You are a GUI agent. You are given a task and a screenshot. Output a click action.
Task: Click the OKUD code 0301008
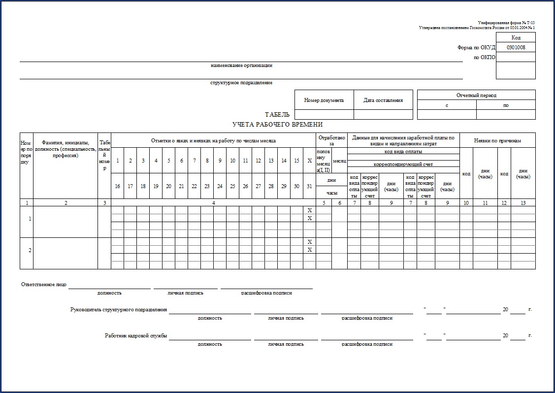point(516,48)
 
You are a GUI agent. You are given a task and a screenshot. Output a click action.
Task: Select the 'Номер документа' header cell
point(324,100)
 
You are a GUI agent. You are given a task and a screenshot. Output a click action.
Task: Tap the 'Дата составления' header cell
point(383,100)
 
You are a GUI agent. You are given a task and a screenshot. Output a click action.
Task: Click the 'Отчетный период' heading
point(476,95)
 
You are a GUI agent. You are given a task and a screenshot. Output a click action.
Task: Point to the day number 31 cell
point(309,186)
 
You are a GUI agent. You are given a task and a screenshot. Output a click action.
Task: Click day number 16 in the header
point(117,186)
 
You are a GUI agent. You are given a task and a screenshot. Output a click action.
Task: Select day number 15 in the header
point(296,161)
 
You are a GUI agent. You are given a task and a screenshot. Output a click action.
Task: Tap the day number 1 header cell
point(117,161)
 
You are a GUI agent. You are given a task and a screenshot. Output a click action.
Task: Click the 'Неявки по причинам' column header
point(497,140)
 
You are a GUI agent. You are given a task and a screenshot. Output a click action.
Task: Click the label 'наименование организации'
point(241,65)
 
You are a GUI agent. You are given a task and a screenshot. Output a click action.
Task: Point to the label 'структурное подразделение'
point(241,83)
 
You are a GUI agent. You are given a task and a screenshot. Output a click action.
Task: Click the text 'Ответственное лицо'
point(43,285)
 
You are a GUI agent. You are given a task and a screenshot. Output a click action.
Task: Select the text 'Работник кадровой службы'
point(136,336)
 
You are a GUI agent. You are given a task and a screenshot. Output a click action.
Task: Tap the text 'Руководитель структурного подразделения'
point(119,310)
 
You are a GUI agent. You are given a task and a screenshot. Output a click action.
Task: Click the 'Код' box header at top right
point(516,37)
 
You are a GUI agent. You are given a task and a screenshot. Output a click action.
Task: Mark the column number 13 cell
point(523,202)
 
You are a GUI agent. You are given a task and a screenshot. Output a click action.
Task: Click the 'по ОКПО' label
point(485,58)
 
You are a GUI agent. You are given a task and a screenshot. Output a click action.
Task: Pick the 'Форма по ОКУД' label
point(476,48)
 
